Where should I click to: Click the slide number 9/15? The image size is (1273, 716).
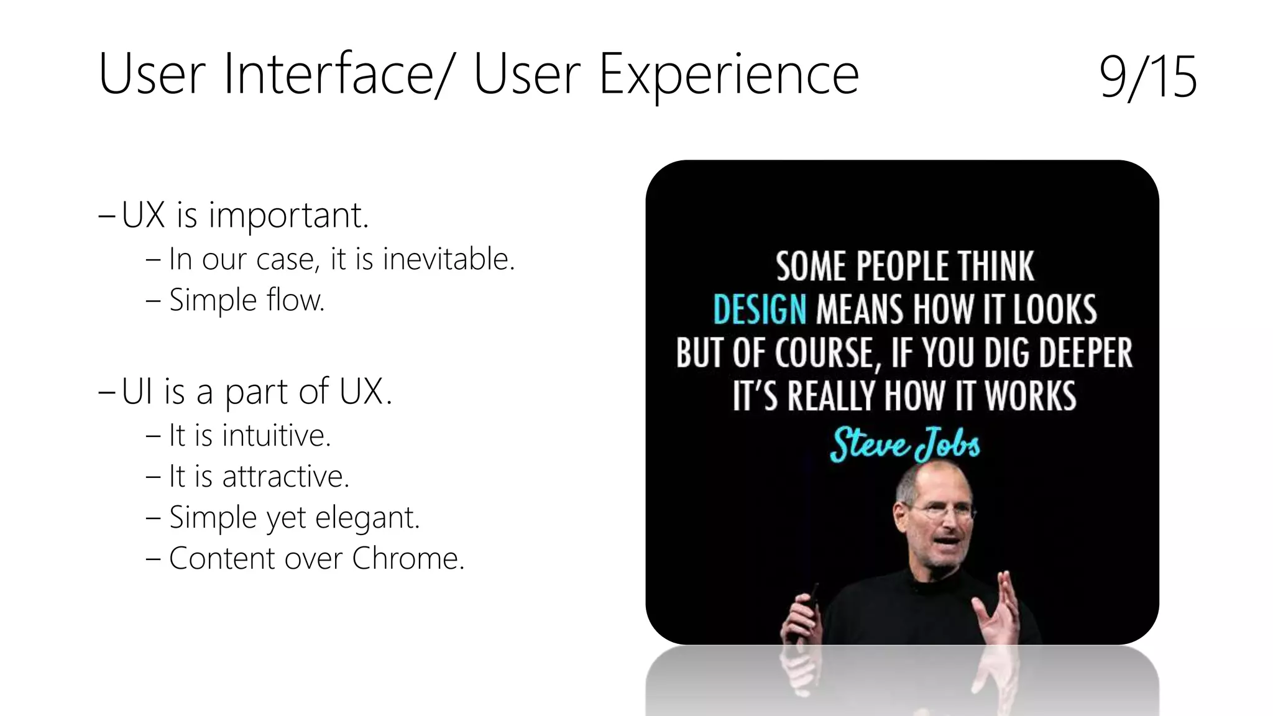point(1147,77)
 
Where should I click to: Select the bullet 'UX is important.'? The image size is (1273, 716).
point(245,216)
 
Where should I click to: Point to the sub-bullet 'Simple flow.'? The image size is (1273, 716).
point(247,300)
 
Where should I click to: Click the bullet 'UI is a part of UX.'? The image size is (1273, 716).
point(257,392)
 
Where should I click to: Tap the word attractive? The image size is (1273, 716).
point(285,477)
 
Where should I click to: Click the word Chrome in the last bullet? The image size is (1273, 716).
point(407,558)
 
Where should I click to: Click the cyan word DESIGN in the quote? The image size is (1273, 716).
point(760,310)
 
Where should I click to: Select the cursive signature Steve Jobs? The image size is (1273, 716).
point(904,444)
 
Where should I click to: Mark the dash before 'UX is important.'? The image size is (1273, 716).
point(106,216)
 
